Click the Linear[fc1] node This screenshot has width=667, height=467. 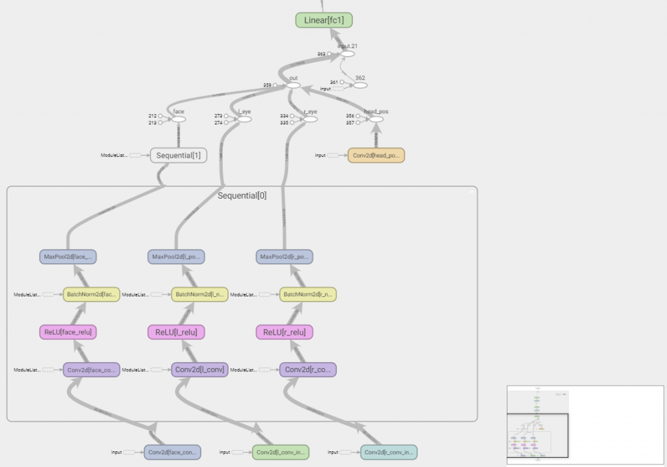tap(324, 20)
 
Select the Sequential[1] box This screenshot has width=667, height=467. tap(178, 155)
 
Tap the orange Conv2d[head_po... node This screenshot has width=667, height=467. tap(376, 155)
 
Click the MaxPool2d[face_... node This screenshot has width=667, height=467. tap(68, 257)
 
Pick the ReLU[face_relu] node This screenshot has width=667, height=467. tap(68, 332)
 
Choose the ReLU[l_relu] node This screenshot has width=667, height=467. tap(177, 332)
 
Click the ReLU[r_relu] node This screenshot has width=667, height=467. tap(285, 332)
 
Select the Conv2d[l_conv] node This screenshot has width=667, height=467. tap(199, 370)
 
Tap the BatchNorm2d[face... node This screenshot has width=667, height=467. tap(91, 294)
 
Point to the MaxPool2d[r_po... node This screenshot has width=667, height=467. tap(285, 257)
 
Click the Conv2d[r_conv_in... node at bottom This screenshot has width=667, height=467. tap(388, 452)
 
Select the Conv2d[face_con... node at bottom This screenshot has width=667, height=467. tap(172, 452)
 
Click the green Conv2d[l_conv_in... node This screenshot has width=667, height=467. tap(280, 452)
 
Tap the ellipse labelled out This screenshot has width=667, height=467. tap(293, 85)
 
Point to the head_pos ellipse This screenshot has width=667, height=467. tap(375, 119)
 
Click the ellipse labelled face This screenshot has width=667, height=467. tap(178, 119)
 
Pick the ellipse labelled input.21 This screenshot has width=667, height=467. tap(348, 53)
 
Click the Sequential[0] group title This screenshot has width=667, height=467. tap(242, 195)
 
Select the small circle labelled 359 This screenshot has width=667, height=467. tap(275, 85)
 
